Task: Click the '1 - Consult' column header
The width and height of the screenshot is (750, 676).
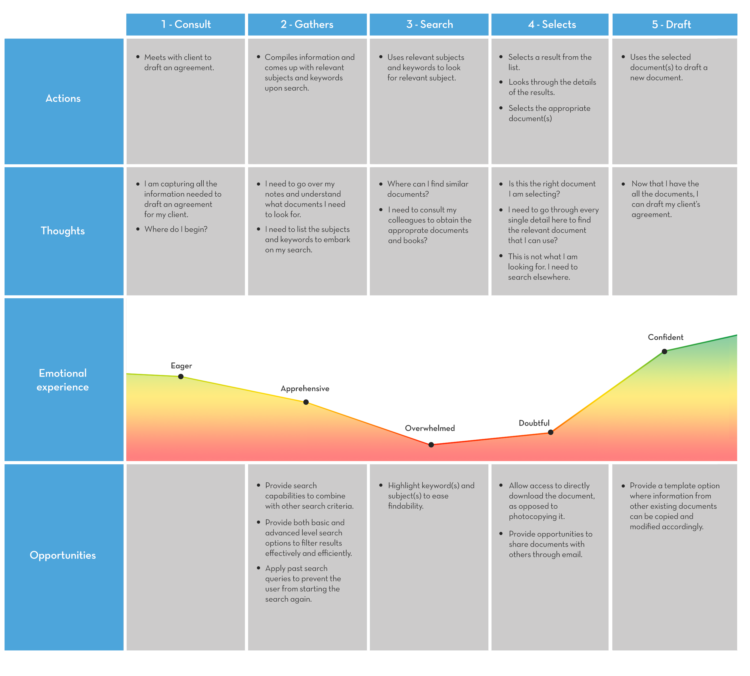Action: coord(186,25)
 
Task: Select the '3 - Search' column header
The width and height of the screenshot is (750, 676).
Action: coord(429,25)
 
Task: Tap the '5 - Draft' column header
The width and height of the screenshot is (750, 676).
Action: coord(671,25)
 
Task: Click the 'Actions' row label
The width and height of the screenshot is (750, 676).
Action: coord(63,98)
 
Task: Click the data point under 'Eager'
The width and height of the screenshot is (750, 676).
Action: coord(181,377)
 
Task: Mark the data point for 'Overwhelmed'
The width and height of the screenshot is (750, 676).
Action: coord(431,445)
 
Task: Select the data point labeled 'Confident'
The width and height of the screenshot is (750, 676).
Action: coord(664,351)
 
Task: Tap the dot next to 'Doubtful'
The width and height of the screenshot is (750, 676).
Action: coord(551,432)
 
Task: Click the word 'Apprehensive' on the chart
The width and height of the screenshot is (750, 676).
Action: coord(305,389)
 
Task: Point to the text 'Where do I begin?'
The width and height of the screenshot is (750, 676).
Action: coord(176,229)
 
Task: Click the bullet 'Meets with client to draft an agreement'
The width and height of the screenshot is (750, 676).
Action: coord(179,62)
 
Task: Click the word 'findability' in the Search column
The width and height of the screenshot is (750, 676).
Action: coord(405,506)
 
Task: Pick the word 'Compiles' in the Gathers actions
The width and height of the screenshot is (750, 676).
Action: coord(280,57)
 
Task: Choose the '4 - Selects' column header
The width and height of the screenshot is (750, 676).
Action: coord(552,25)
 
